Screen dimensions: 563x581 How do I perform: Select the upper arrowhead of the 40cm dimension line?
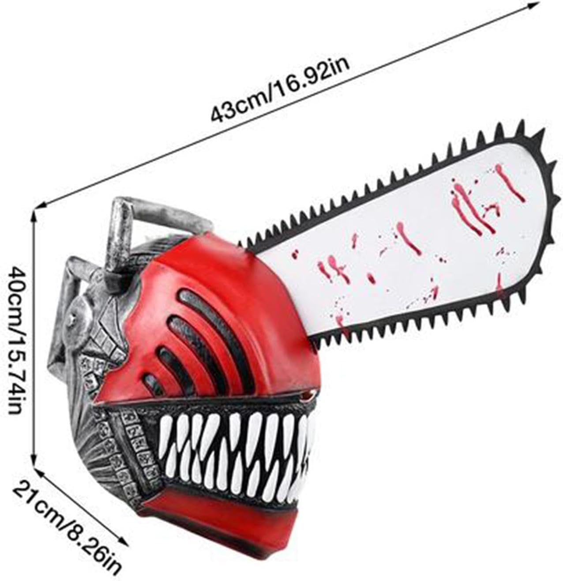point(35,213)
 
